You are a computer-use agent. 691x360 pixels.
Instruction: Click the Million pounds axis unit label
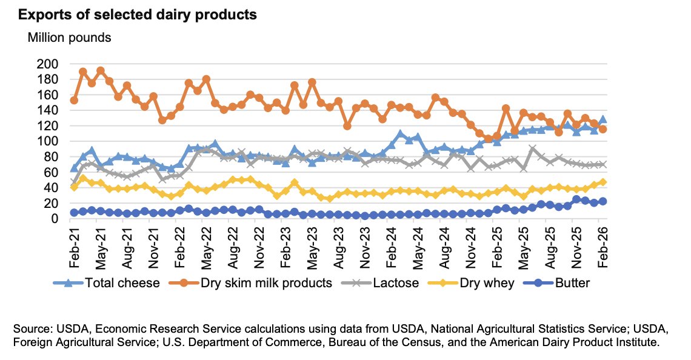click(x=69, y=38)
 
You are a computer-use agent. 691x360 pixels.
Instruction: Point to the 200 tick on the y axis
click(x=48, y=64)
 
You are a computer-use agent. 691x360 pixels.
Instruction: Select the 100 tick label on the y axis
click(x=48, y=141)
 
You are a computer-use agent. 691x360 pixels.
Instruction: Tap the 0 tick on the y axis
click(x=55, y=218)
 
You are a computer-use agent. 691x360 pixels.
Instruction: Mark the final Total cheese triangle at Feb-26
click(x=603, y=119)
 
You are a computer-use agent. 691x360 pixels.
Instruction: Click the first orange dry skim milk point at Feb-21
click(x=74, y=100)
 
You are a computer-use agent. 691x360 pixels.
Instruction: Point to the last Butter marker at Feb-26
click(x=603, y=201)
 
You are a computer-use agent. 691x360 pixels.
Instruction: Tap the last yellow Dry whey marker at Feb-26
click(x=603, y=182)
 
